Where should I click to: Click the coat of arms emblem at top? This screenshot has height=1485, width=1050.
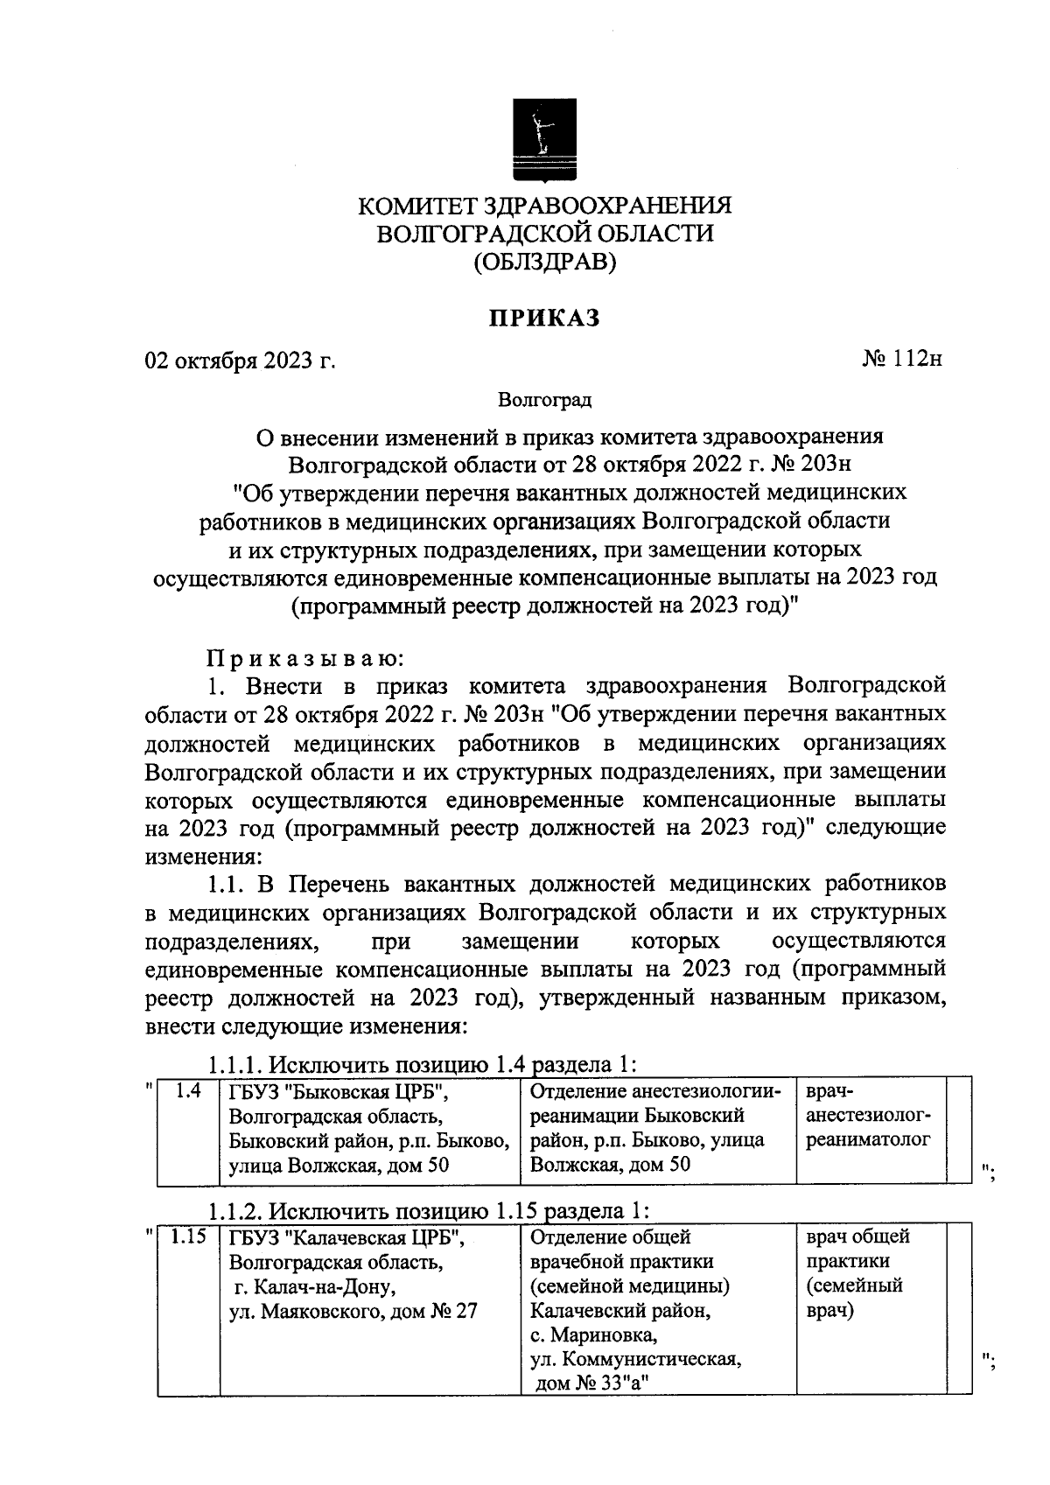pos(543,138)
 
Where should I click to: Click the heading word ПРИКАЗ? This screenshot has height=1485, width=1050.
pos(544,319)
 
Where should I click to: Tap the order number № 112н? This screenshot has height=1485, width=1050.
pos(901,359)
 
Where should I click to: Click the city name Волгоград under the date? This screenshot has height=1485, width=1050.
pos(544,401)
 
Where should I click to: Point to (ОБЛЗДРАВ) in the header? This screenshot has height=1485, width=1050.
pos(544,262)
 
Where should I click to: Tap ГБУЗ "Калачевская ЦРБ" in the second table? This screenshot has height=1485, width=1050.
pos(346,1238)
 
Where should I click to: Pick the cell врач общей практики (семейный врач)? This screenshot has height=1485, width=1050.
pos(857,1273)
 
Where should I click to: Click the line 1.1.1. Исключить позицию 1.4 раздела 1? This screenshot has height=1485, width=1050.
pos(422,1065)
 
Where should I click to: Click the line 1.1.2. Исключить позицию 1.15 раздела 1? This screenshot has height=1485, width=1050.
pos(429,1211)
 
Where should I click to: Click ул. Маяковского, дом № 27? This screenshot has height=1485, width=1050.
pos(353,1312)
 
